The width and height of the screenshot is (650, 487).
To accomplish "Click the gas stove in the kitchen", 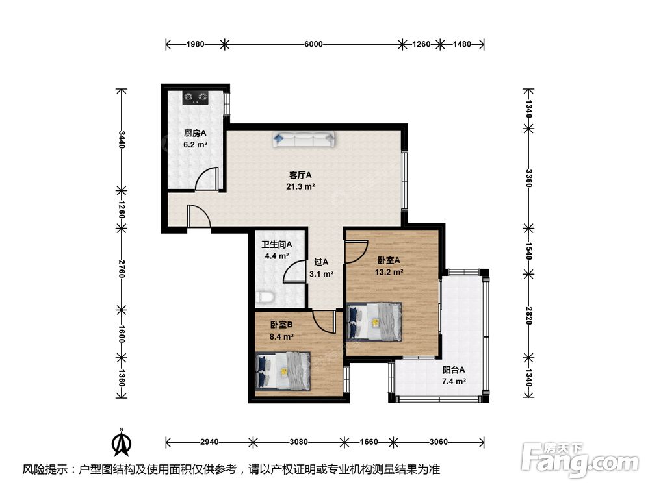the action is click(x=195, y=98).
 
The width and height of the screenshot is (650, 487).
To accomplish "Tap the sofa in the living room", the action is click(x=304, y=140).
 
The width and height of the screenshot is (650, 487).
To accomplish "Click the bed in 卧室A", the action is click(x=374, y=322).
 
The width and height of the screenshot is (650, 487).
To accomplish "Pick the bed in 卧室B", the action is click(x=283, y=371).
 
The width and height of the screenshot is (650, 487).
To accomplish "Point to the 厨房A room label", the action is click(x=195, y=133).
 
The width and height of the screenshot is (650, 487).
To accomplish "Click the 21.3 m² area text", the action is click(x=300, y=187).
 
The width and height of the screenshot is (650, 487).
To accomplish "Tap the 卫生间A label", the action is click(x=276, y=245).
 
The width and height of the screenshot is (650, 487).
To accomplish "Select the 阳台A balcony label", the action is click(x=454, y=370).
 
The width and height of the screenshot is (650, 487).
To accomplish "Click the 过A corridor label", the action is click(x=321, y=262).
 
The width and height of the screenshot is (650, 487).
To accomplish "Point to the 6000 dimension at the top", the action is click(x=313, y=44).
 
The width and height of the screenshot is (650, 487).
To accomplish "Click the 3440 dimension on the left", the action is click(x=122, y=140).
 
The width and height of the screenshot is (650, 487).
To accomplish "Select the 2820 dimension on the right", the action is click(x=528, y=316).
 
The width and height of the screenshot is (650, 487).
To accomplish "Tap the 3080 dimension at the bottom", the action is click(x=298, y=442).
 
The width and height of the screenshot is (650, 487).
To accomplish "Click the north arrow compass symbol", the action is click(x=122, y=442).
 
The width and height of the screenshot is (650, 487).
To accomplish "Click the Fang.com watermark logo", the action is click(x=580, y=460).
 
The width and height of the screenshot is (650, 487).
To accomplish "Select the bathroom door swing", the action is click(x=294, y=272).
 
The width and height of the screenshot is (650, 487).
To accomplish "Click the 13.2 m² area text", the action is click(x=389, y=273).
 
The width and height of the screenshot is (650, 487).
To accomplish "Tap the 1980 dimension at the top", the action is click(x=195, y=44).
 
